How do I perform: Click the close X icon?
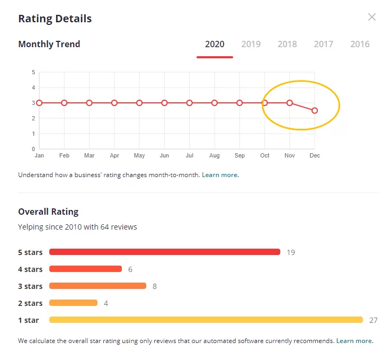coord(372,17)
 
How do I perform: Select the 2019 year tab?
coord(251,44)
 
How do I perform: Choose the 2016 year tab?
coord(360,44)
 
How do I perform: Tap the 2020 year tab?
coord(215,44)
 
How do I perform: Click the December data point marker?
coord(315,110)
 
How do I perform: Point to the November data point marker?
coord(289,103)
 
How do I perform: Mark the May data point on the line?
coord(139,103)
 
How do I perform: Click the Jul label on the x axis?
coord(190,155)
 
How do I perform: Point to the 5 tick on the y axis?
coord(33,72)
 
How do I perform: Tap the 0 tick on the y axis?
coord(33,149)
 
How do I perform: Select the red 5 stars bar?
coord(165,252)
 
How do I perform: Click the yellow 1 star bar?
coord(206,320)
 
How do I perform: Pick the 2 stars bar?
coord(73,303)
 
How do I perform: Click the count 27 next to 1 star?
coord(374,320)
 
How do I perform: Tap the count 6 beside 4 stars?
coord(130,269)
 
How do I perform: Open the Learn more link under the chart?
coord(219,175)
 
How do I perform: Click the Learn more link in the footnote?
coord(354,341)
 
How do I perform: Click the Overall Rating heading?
coord(48,212)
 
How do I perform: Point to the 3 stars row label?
coord(30,286)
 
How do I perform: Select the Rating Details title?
coord(55,19)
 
